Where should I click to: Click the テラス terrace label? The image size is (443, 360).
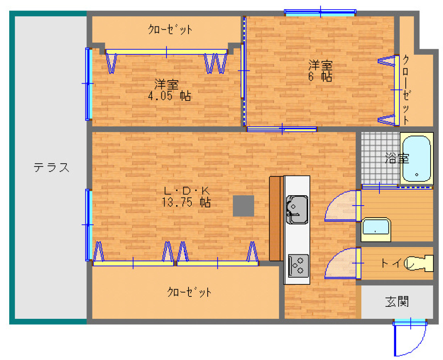click(x=51, y=168)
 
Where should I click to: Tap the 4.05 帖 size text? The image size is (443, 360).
click(x=169, y=96)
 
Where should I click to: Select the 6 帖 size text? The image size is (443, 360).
click(x=320, y=77)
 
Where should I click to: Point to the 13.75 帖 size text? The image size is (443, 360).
click(x=186, y=202)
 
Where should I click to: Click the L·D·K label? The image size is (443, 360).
click(x=187, y=191)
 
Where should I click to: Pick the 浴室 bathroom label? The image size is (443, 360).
click(x=397, y=158)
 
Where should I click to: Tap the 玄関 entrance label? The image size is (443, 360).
click(x=397, y=302)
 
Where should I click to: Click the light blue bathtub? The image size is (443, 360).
click(x=417, y=159)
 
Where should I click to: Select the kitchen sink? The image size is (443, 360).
click(x=297, y=210)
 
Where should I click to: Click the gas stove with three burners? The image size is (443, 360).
click(x=298, y=266)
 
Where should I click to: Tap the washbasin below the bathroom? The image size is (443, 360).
click(x=376, y=229)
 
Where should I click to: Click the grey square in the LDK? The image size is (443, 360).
click(x=243, y=206)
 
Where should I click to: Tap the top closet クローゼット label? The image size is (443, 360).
click(x=170, y=29)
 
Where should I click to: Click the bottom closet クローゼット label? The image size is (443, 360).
click(x=189, y=292)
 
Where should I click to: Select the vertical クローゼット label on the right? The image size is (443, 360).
click(x=406, y=90)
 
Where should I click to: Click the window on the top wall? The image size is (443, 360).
click(x=320, y=12)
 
